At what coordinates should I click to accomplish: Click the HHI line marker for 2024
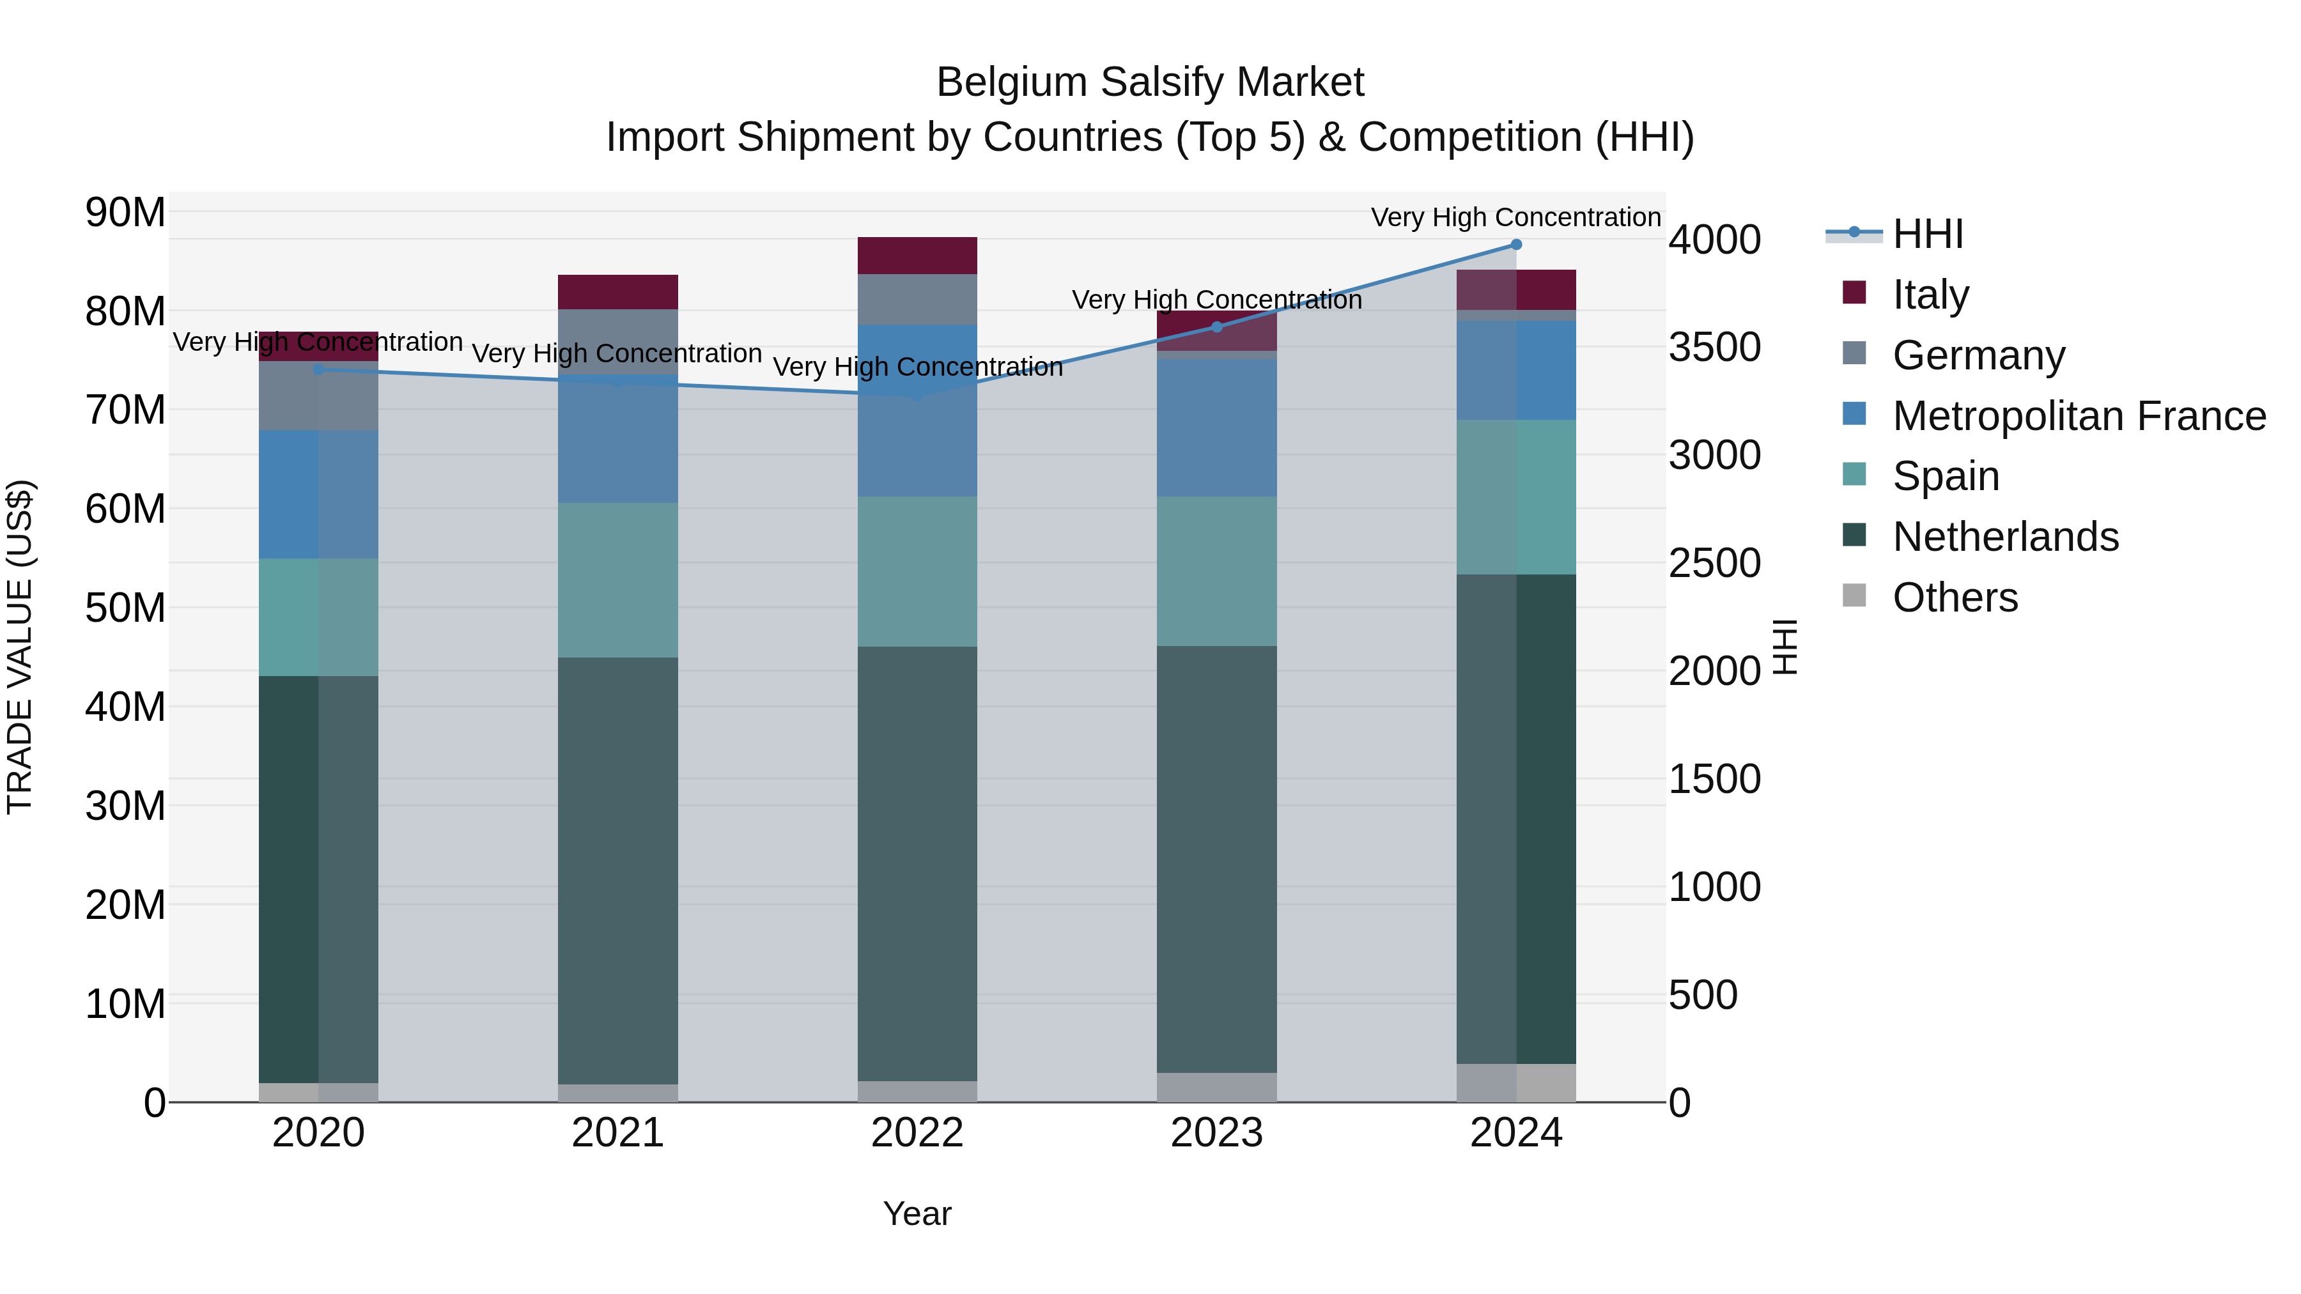coord(1516,245)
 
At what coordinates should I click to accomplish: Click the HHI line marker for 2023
coord(1216,327)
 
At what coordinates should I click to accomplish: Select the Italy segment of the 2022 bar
coord(917,256)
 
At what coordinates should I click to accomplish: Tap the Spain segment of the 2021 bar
coord(618,580)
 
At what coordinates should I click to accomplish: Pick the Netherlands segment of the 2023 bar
coord(1216,859)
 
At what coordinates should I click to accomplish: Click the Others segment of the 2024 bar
coord(1516,1082)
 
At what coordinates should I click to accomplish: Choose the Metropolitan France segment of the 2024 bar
coord(1516,371)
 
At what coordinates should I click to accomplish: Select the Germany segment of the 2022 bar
coord(917,299)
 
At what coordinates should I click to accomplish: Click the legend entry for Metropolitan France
coord(2079,416)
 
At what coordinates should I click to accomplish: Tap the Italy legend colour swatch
coord(1854,293)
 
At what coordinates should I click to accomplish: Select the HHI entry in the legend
coord(1928,234)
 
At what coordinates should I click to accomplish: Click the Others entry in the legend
coord(1955,597)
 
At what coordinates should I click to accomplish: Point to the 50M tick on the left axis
coord(125,608)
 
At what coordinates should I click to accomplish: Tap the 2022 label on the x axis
coord(917,1133)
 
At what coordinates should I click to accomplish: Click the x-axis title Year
coord(917,1213)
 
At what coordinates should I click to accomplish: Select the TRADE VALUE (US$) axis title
coord(20,647)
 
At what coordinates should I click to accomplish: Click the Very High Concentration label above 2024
coord(1516,217)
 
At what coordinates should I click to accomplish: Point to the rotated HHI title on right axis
coord(1784,647)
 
